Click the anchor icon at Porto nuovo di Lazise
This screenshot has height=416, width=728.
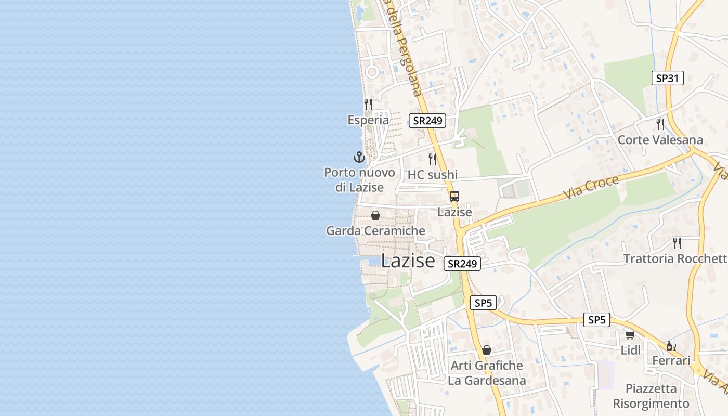coord(359,157)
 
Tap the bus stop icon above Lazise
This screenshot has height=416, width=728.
coord(454,197)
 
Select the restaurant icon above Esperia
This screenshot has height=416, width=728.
coord(368,104)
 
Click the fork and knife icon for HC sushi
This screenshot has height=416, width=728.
coord(433,159)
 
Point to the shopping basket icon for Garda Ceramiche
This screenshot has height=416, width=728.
coord(375,215)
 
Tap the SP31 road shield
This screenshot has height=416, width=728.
coord(667,79)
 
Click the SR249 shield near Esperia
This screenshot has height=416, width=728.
coord(427,121)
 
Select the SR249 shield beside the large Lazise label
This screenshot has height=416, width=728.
coord(462,264)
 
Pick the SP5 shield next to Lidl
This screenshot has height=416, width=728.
coord(596,320)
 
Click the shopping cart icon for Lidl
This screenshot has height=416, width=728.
coord(630,335)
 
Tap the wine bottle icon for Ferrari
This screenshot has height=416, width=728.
coord(671,346)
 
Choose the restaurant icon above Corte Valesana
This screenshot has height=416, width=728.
coord(660,124)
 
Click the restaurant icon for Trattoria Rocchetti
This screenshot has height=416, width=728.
coord(677,243)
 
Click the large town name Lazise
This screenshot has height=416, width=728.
coord(408,261)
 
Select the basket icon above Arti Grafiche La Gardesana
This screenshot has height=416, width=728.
coord(487,350)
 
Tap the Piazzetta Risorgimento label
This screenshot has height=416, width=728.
coord(651,396)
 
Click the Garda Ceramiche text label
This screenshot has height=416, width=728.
coord(375,230)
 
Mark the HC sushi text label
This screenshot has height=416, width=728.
coord(433,175)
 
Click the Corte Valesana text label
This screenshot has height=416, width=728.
coord(660,140)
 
